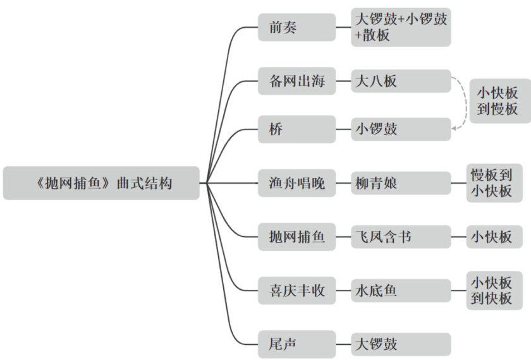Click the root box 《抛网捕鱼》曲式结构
pos(101,183)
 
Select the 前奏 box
pos(296,27)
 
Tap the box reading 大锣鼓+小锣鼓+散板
pos(401,27)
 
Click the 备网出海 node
pos(296,81)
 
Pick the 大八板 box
pos(401,81)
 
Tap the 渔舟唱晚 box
pos(296,183)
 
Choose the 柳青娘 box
pos(401,183)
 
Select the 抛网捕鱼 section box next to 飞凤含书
pos(296,237)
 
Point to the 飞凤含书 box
pos(401,237)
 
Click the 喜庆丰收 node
pos(296,291)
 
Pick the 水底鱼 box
pos(401,291)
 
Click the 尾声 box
pos(296,344)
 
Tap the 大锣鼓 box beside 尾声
pos(401,344)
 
